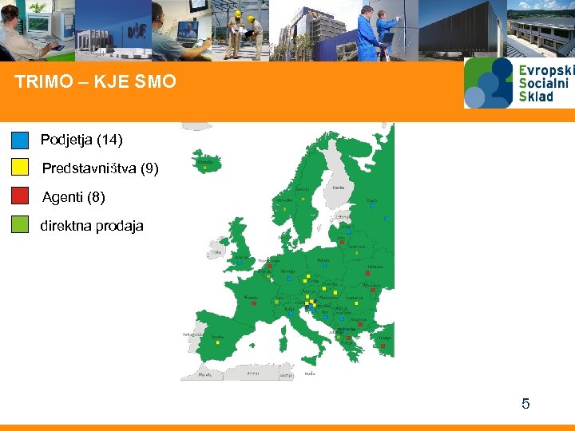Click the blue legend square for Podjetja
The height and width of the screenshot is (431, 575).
click(x=21, y=140)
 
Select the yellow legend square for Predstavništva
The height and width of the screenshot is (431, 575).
click(x=21, y=167)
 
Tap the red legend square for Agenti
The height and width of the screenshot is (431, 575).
click(x=21, y=196)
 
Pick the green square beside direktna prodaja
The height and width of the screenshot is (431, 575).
click(x=21, y=224)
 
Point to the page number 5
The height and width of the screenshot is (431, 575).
click(x=525, y=404)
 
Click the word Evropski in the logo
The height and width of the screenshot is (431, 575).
click(x=546, y=70)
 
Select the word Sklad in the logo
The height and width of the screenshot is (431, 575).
click(x=536, y=97)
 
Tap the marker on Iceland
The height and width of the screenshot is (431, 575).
click(x=205, y=168)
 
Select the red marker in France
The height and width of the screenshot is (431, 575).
click(x=254, y=303)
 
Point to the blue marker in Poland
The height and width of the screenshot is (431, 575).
click(x=325, y=265)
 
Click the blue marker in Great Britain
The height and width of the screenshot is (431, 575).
click(x=239, y=262)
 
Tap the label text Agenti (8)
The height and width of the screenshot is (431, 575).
click(x=73, y=196)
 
